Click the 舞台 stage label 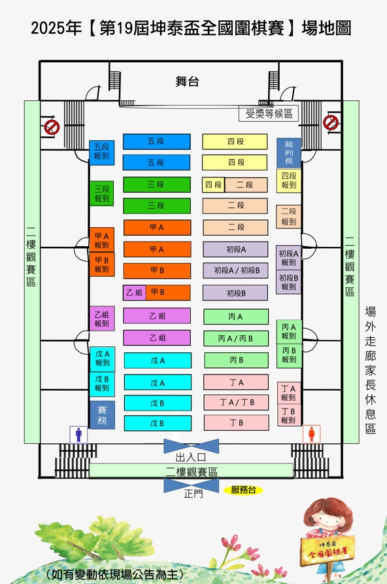coord(187,81)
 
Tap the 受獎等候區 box coord(269,114)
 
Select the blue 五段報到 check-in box coord(101,153)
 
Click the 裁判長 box coord(288,153)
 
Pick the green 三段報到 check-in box coord(101,193)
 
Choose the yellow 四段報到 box coord(288,181)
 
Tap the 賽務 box coord(102,415)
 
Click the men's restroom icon coord(78,435)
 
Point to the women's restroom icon coord(312,434)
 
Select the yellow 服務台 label coord(243,490)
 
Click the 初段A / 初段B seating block coord(235,271)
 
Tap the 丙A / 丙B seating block coord(236,338)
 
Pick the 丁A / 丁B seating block coord(236,402)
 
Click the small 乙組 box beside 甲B coord(134,293)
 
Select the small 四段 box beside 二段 coord(213,185)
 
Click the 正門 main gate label coord(193,494)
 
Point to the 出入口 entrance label coord(191,458)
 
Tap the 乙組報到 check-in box coord(101,318)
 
